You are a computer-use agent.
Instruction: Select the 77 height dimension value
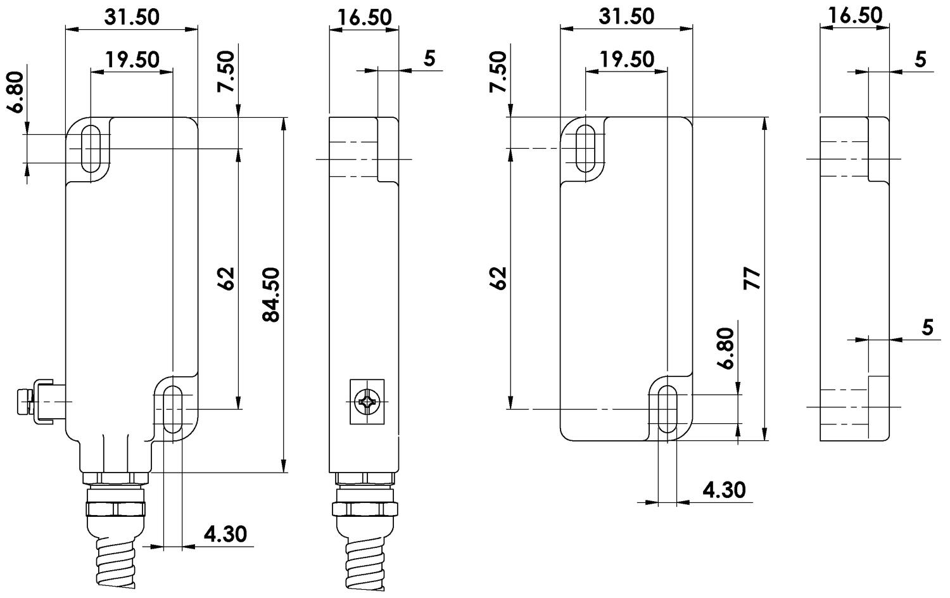coord(752,279)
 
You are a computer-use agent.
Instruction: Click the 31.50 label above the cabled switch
coord(132,17)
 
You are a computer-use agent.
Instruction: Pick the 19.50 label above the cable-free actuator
coord(626,60)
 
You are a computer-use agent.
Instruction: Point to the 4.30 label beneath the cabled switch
coord(225,534)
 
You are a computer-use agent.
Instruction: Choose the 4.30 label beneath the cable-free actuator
coord(725,490)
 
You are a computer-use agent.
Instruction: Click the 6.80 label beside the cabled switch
coord(16,91)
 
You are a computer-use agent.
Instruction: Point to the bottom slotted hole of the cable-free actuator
coord(667,409)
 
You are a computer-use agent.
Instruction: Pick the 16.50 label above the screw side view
coord(364,17)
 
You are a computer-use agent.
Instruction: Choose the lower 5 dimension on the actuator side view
coord(927,328)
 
